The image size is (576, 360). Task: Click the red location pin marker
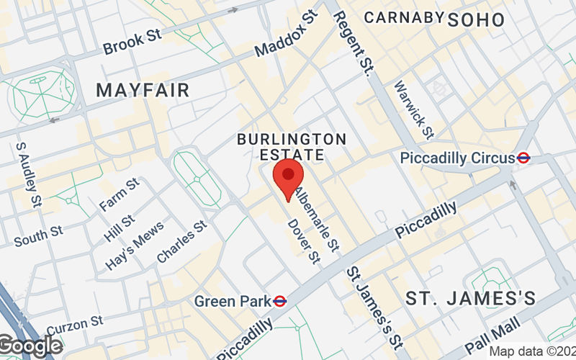289,179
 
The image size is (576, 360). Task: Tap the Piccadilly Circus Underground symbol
524,158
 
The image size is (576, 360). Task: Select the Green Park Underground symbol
281,301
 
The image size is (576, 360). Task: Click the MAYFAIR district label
143,90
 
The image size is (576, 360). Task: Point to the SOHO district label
476,19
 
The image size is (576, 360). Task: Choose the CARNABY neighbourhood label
402,18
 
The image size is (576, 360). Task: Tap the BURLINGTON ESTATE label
292,146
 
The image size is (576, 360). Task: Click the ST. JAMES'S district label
470,297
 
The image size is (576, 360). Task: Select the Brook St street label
133,42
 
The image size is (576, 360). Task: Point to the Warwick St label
413,109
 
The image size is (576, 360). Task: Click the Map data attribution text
531,351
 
